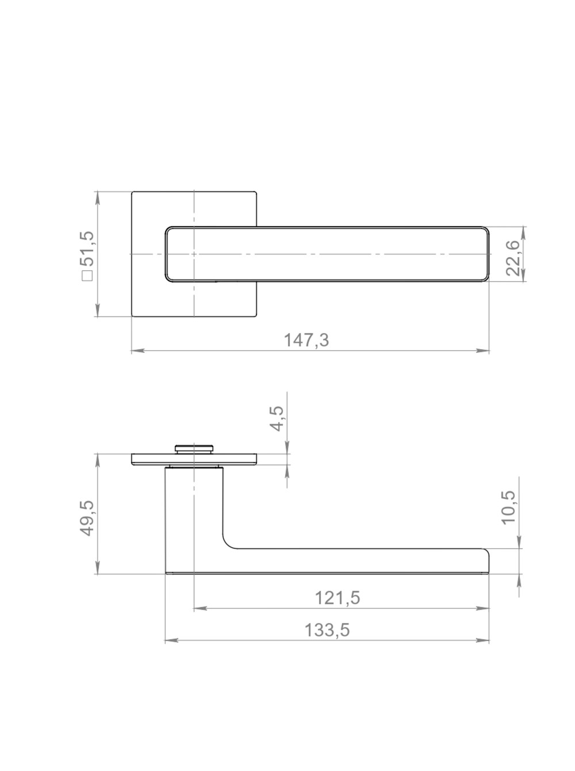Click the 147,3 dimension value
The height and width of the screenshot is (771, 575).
306,340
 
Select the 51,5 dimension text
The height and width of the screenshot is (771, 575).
87,249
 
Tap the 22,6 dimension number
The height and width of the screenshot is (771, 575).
512,258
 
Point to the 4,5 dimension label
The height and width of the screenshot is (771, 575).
275,418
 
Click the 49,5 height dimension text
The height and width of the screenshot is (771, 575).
87,518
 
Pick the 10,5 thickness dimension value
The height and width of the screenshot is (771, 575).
509,507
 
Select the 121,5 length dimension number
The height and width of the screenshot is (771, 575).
338,598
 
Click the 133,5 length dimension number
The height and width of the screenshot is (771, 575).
327,630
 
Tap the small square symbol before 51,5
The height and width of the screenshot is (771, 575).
87,276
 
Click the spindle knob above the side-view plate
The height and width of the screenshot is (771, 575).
194,449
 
